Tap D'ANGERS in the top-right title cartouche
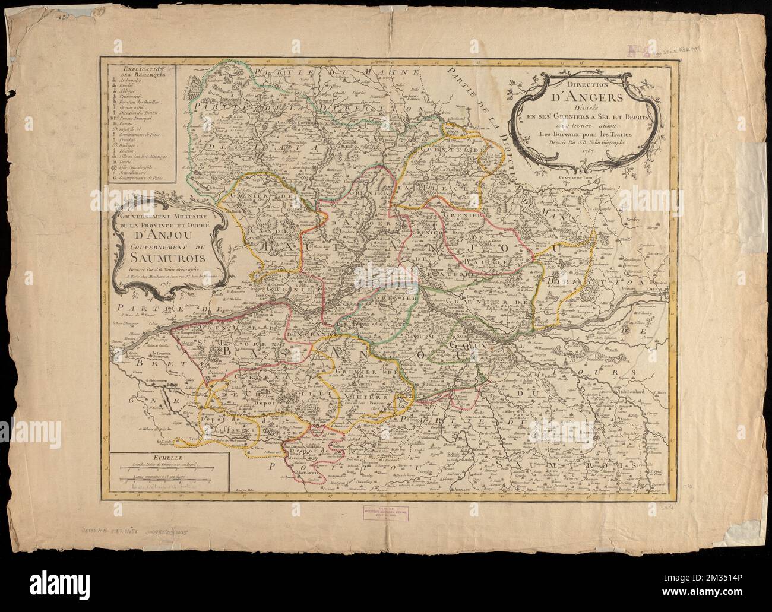[x=580, y=98]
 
